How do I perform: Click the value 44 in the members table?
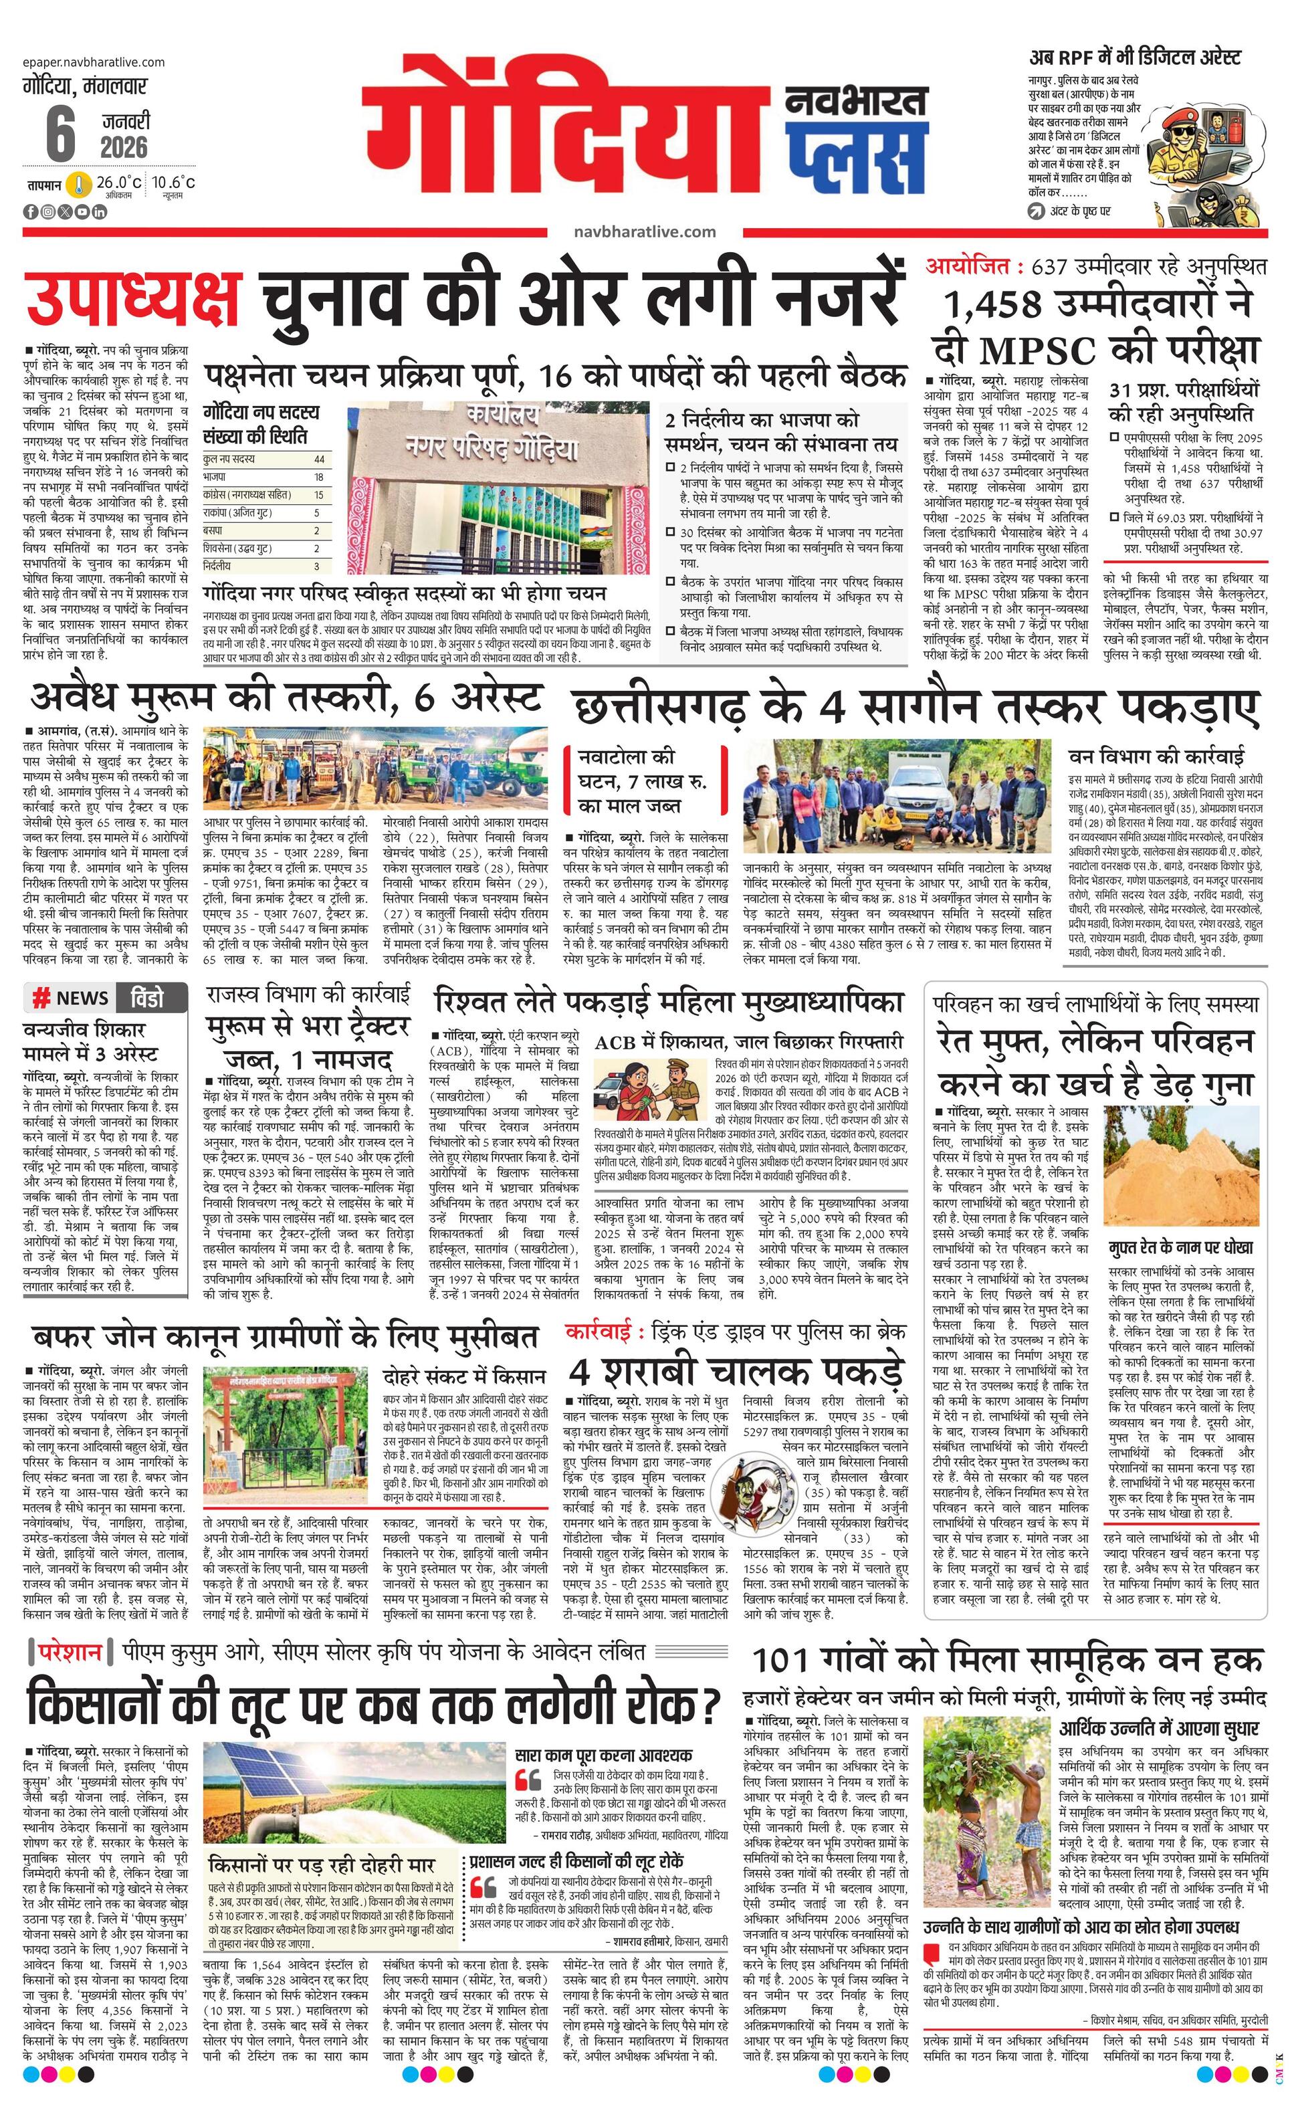click(x=320, y=459)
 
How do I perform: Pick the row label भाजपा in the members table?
click(x=215, y=476)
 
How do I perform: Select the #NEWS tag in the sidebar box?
click(x=71, y=998)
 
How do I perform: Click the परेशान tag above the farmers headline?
click(x=72, y=1653)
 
